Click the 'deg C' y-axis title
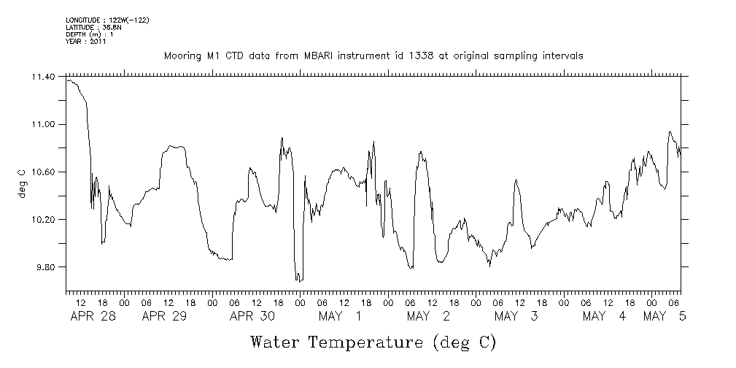(21, 183)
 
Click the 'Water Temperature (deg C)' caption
(373, 342)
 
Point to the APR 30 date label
(252, 316)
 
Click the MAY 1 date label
(340, 316)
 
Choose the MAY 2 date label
(428, 316)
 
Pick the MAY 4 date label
(604, 316)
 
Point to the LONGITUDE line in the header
(107, 20)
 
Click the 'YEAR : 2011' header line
(86, 42)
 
